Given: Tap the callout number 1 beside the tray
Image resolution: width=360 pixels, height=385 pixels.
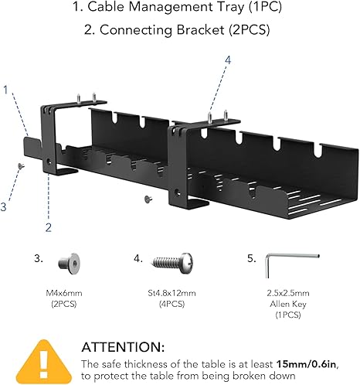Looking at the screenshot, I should (x=6, y=89).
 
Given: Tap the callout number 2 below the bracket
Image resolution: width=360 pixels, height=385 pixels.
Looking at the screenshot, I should (x=48, y=227).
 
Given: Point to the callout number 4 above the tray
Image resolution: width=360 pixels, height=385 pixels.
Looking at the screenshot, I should (x=227, y=60).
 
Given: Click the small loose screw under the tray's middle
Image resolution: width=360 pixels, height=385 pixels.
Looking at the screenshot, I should (x=147, y=199).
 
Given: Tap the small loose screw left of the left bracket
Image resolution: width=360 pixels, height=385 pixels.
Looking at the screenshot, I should (x=22, y=165).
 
